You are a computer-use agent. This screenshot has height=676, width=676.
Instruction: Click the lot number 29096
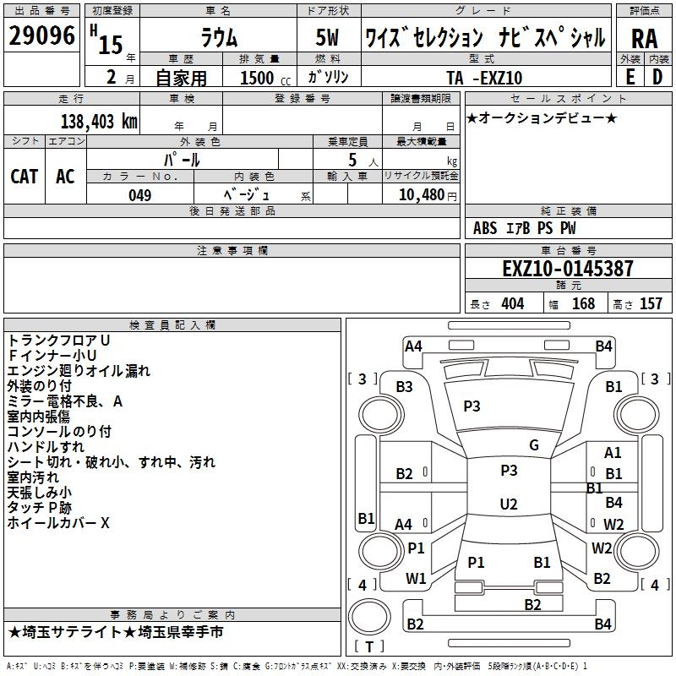[x=41, y=36]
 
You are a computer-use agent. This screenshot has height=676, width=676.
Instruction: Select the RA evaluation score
[x=644, y=38]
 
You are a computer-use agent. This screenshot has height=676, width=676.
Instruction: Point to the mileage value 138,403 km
[x=100, y=122]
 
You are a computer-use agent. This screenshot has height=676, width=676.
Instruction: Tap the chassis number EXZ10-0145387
[x=567, y=270]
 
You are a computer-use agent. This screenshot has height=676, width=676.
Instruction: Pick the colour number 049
[x=139, y=195]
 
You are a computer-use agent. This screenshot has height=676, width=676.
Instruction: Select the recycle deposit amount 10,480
[x=419, y=195]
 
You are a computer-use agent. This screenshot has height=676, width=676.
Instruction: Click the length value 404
[x=512, y=304]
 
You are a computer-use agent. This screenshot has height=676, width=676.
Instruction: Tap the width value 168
[x=583, y=304]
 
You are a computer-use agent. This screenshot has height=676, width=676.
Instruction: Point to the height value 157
[x=651, y=304]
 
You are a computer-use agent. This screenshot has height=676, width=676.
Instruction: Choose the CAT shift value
[x=24, y=176]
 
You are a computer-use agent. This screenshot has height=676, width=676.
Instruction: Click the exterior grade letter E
[x=630, y=77]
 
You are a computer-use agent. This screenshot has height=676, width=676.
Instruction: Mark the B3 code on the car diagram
[x=405, y=387]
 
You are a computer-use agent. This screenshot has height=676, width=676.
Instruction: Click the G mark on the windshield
[x=534, y=445]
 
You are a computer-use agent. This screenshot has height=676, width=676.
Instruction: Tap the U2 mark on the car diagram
[x=509, y=504]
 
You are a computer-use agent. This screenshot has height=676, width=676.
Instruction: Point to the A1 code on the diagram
[x=613, y=454]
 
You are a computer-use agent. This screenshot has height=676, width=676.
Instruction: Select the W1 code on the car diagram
[x=416, y=579]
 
